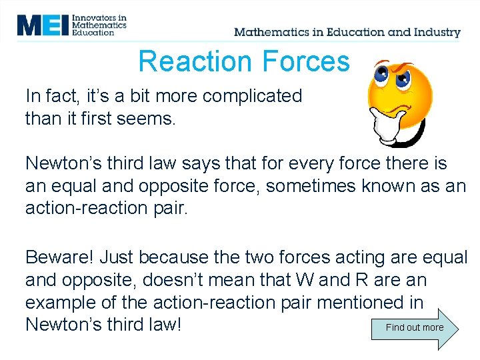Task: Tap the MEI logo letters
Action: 43,25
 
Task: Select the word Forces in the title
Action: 306,61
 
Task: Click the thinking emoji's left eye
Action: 383,75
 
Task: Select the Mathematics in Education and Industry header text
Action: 347,32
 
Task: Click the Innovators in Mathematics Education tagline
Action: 100,25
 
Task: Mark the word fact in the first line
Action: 59,96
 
